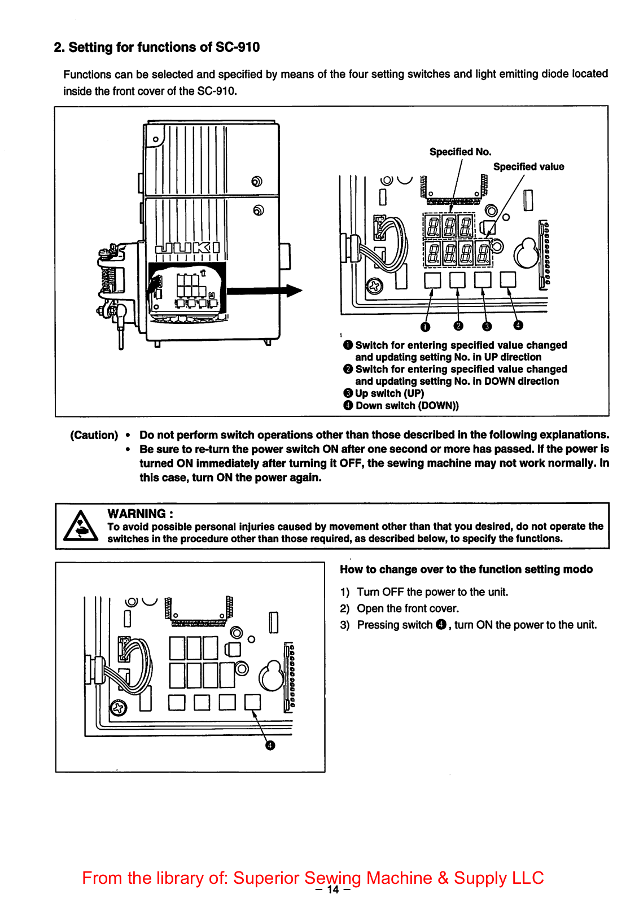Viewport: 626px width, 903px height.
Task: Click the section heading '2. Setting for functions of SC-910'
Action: (156, 47)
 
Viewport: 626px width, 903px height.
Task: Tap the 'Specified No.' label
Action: (460, 152)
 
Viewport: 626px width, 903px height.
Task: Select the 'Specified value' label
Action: (528, 166)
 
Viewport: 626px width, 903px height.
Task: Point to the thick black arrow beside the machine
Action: (264, 291)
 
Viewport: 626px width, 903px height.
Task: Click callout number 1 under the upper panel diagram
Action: (426, 327)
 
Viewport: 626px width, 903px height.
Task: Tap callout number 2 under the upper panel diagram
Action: (458, 326)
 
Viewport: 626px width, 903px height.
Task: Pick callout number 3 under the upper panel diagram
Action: (487, 326)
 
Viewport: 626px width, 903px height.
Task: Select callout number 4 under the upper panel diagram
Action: (518, 325)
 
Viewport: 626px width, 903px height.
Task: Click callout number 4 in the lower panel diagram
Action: (270, 746)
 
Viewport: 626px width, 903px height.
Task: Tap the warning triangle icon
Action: (80, 526)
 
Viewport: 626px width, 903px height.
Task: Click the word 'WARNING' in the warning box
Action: (137, 514)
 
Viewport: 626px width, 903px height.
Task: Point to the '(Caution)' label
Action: (94, 435)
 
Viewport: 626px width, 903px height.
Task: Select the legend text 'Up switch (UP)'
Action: (389, 393)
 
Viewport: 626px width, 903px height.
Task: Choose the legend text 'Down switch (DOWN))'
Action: (407, 406)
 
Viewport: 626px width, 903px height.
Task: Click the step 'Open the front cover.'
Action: (408, 608)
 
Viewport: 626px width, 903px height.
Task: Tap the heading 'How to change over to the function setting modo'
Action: (466, 569)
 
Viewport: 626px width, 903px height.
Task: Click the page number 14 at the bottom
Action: (333, 890)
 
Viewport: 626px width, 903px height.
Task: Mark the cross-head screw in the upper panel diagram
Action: (374, 287)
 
